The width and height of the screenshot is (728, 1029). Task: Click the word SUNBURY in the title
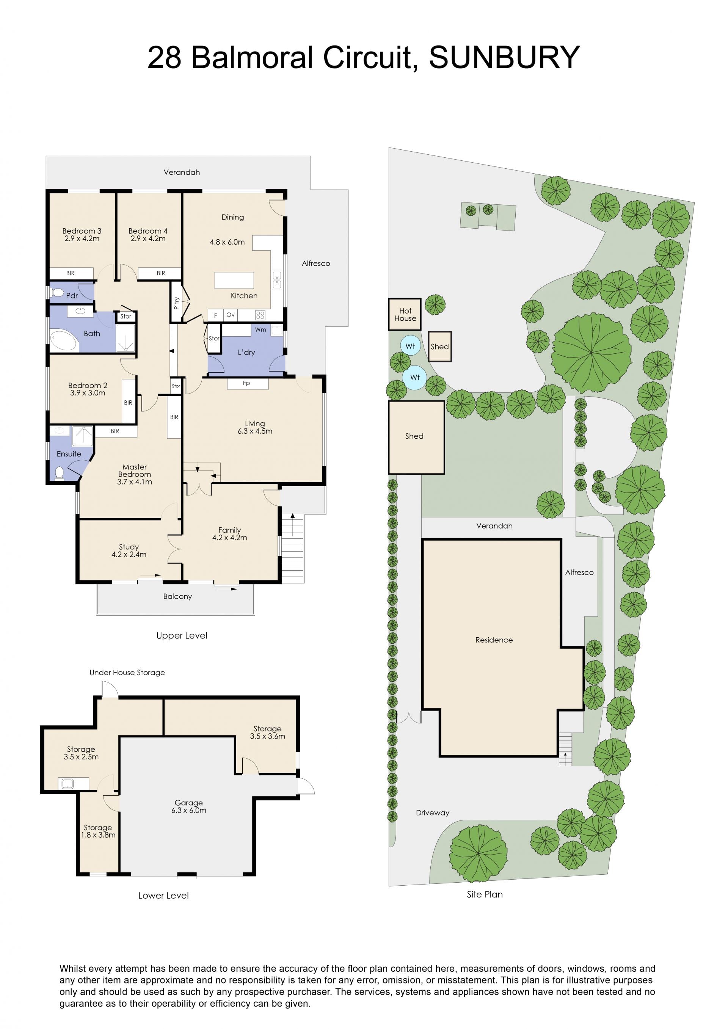tap(504, 57)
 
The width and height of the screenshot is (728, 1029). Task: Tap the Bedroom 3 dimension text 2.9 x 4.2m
tap(82, 238)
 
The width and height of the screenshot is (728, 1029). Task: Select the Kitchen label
tap(244, 295)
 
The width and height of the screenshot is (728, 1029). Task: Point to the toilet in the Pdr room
tap(57, 293)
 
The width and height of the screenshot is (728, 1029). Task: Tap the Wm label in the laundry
tap(260, 329)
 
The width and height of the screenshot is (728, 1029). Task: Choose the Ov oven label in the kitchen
tap(231, 315)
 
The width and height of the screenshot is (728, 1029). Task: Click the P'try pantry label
tap(177, 303)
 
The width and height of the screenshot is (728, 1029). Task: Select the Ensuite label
tap(69, 453)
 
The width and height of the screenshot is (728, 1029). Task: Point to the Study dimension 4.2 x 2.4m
tap(129, 554)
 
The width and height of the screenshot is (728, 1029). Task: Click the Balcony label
tap(177, 596)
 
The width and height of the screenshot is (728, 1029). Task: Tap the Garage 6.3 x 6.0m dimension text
tap(189, 810)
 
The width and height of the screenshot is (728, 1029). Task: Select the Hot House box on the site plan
tap(405, 314)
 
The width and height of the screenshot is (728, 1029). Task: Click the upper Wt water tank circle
tap(410, 346)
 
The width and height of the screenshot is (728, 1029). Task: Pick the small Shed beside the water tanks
tap(440, 347)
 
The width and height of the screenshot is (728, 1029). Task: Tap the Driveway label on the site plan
tap(433, 813)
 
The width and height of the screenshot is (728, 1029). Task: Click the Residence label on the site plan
tap(494, 640)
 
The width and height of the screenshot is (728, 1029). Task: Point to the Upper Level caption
tap(182, 635)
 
